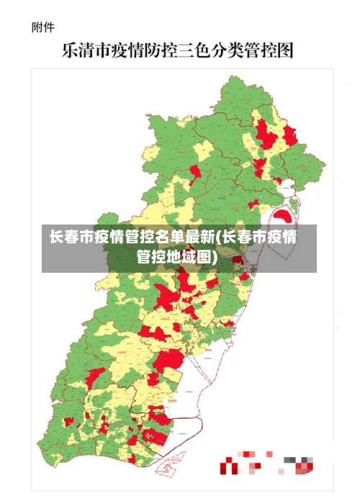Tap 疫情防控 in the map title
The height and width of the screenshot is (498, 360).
148,51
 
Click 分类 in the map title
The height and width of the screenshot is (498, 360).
235,51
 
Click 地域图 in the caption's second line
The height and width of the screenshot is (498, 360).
189,257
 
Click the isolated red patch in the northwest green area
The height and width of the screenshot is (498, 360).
194,171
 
